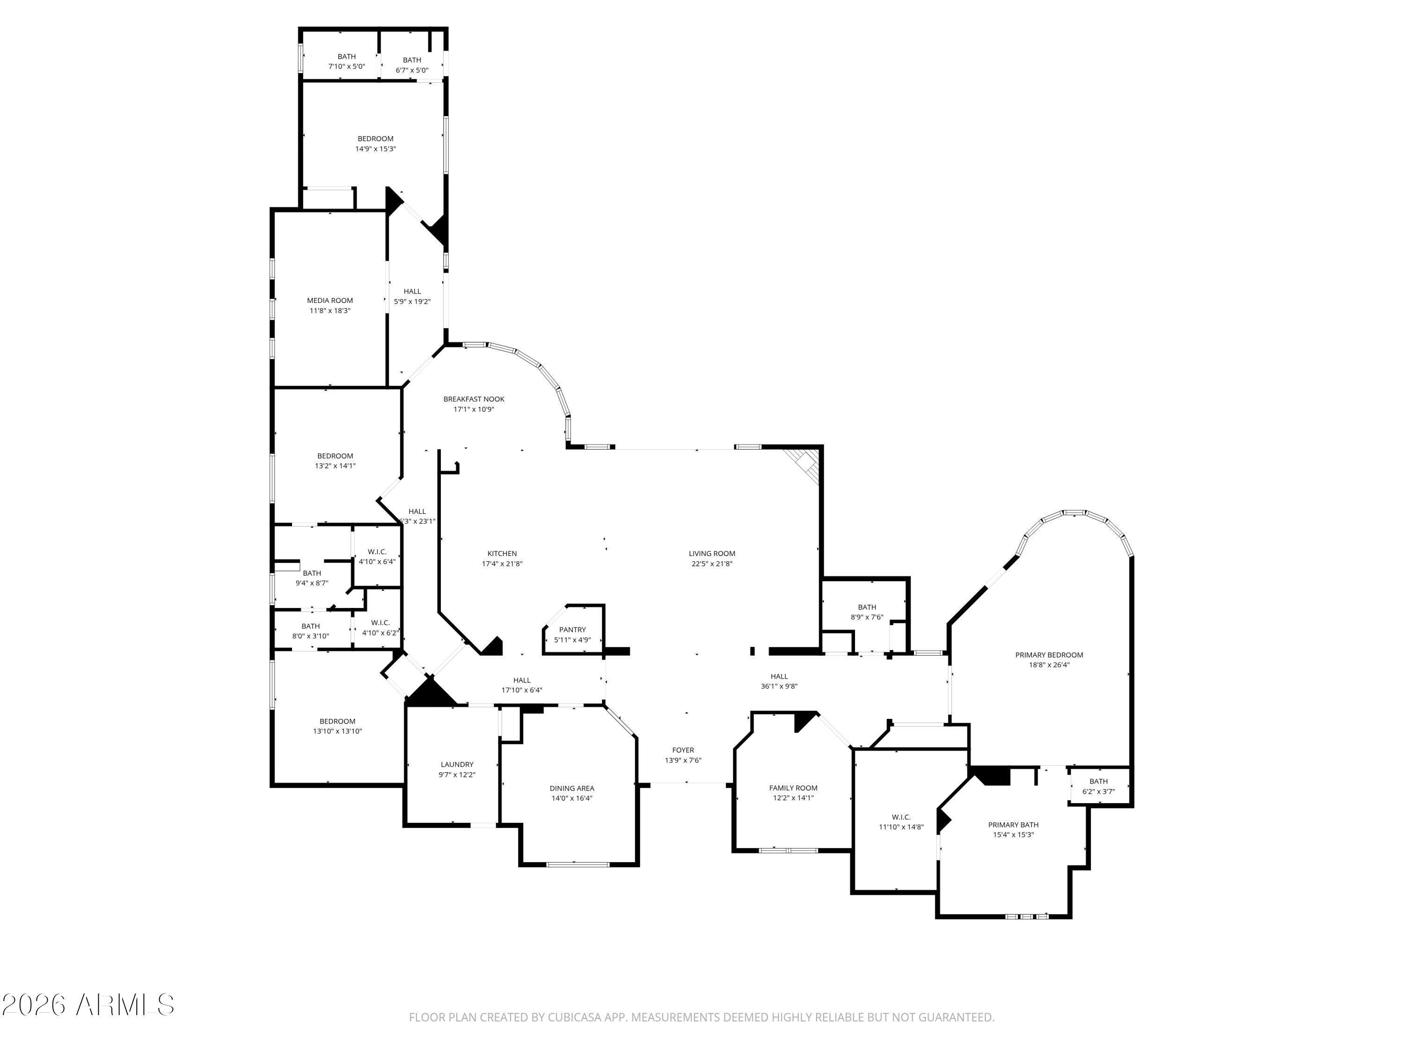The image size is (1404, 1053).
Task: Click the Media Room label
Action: point(330,300)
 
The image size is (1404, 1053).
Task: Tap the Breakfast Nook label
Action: point(474,399)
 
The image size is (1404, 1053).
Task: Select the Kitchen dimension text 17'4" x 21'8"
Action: point(502,563)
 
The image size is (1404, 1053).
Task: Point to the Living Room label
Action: point(712,554)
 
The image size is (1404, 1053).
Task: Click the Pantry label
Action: point(572,629)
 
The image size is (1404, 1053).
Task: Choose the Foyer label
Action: point(683,750)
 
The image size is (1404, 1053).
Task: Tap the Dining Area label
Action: point(572,788)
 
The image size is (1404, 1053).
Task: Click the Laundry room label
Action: point(457,765)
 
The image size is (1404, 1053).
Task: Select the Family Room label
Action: point(793,788)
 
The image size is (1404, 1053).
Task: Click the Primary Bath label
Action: point(1013,825)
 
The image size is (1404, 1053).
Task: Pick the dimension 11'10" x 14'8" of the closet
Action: point(901,827)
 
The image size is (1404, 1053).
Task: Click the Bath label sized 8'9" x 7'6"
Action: point(867,607)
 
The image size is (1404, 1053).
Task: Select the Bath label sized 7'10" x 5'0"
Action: point(347,57)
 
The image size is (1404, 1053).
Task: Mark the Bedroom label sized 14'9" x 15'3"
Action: point(375,139)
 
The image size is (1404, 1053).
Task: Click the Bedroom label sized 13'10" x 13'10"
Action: point(337,721)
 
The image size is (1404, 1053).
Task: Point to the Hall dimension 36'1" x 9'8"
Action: point(779,686)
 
